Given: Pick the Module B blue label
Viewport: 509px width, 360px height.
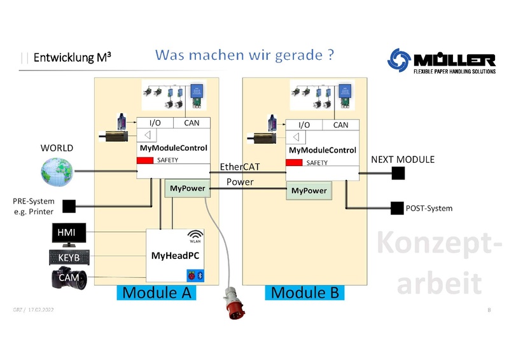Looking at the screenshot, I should [304, 293].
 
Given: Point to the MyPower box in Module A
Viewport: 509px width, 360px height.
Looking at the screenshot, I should [186, 188].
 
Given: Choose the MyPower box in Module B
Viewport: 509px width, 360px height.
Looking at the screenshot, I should [309, 191].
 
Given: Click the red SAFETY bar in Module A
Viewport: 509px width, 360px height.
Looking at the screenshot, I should [146, 160].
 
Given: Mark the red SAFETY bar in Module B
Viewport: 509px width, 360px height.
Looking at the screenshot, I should [294, 163].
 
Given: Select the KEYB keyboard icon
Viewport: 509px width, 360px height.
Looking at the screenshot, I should [69, 258].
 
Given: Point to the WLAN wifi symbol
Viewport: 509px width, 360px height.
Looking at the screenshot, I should [195, 234].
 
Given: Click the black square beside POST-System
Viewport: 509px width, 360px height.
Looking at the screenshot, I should [396, 208].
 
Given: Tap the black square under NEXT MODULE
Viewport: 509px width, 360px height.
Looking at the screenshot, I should [398, 173].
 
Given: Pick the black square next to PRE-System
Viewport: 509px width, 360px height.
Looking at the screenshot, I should [69, 205].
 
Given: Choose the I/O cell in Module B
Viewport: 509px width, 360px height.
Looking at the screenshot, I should [304, 125].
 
